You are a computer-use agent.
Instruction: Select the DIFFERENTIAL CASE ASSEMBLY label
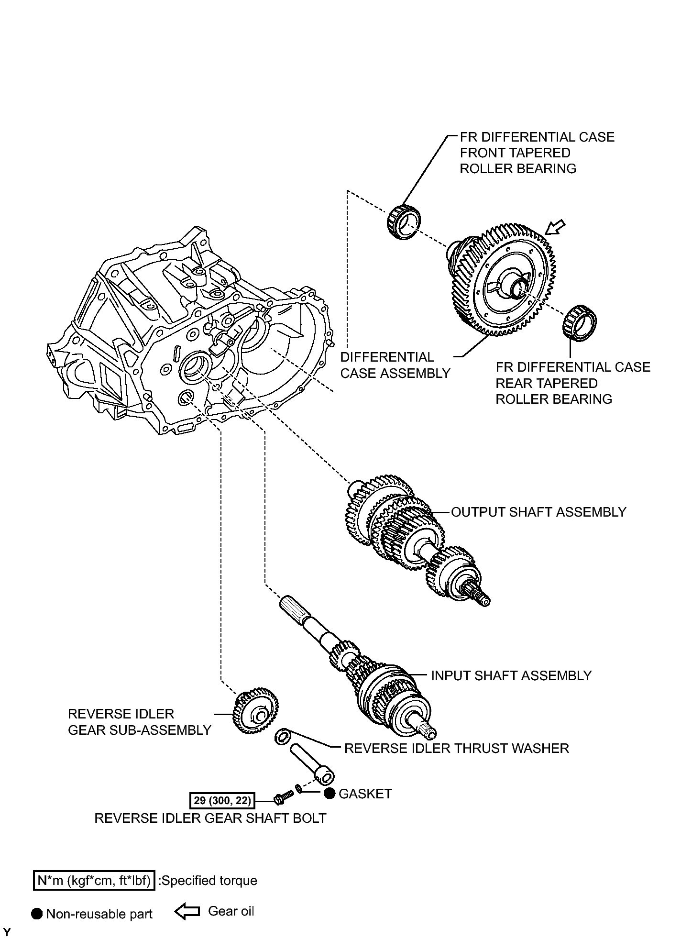(395, 365)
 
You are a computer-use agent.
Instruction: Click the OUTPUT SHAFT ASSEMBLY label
(538, 512)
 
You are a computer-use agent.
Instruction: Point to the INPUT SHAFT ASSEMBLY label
(511, 675)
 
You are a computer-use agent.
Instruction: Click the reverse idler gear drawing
(256, 714)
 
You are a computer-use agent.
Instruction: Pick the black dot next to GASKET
(329, 794)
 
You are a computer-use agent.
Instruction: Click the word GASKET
(365, 794)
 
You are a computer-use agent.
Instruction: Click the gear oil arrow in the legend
(187, 913)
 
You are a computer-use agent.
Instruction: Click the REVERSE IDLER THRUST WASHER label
(457, 748)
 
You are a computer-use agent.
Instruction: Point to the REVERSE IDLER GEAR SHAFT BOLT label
(210, 818)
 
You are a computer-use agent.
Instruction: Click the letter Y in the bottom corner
(7, 932)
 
